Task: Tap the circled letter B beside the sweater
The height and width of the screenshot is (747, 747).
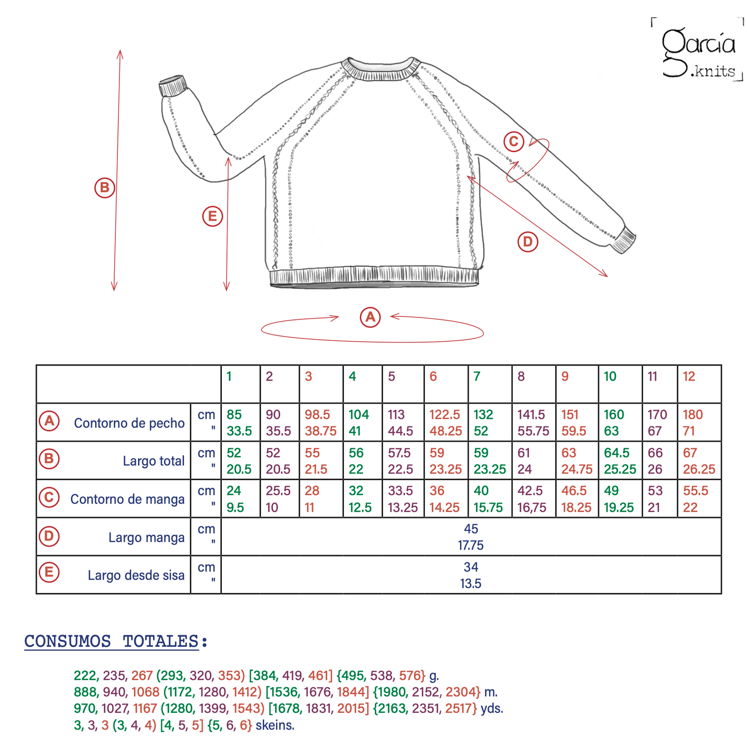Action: [104, 188]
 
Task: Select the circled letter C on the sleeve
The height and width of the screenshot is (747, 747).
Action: [514, 142]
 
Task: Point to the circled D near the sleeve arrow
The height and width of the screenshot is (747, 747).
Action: [528, 241]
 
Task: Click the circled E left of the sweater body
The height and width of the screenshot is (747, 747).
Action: [212, 216]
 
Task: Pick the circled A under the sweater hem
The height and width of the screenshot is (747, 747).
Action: [370, 317]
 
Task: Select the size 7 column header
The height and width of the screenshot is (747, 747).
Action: [477, 376]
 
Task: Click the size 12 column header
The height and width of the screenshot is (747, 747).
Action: [689, 376]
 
